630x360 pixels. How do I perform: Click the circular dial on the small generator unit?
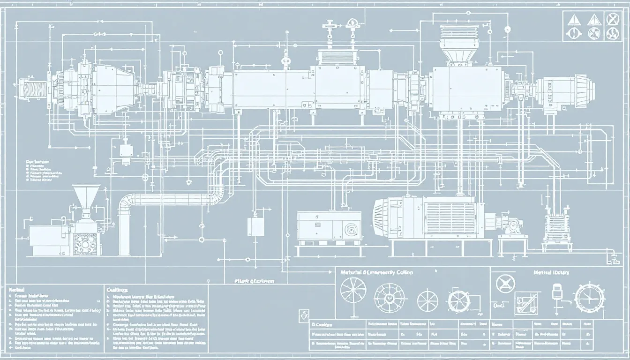349,229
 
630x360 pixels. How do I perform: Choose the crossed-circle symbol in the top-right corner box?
612,19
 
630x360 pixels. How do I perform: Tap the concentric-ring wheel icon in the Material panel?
387,296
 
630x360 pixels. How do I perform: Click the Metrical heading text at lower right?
551,272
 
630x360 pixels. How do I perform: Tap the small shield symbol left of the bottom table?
303,315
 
